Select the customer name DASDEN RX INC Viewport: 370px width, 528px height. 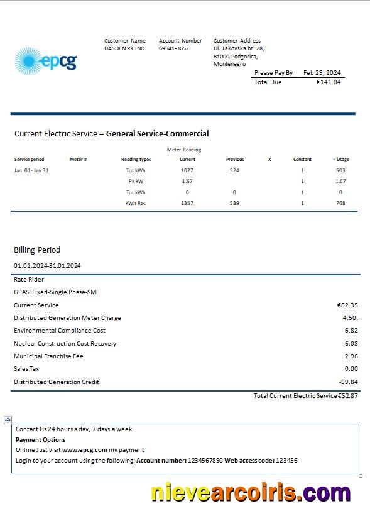[124, 48]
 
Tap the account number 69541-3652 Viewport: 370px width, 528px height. [174, 48]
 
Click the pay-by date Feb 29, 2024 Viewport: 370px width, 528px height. [322, 73]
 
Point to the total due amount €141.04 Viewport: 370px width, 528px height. [329, 82]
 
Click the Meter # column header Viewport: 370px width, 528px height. [78, 160]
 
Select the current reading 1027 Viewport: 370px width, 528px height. [187, 170]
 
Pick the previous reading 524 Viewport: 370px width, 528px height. [234, 170]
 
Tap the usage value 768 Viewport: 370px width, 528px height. [340, 203]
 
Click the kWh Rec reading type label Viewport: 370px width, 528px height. [136, 203]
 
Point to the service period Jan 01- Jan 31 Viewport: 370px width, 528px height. [31, 170]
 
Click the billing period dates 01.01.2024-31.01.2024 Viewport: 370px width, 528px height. [47, 265]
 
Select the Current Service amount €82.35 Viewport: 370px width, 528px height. [347, 305]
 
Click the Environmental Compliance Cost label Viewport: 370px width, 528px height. [60, 331]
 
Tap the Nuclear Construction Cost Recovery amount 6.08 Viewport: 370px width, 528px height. [351, 343]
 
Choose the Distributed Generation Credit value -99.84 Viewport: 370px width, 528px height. [348, 382]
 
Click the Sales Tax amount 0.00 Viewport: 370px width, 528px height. [351, 369]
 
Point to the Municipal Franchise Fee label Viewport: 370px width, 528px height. [48, 356]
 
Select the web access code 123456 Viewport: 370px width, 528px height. [286, 461]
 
